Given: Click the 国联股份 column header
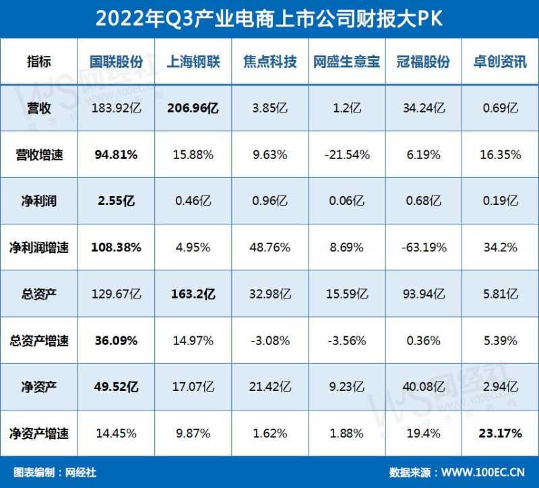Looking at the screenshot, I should click(x=117, y=62).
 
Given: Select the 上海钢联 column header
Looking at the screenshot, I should click(x=193, y=62).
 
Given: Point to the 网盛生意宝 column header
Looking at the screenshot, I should click(x=346, y=62).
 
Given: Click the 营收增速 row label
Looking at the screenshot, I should click(x=40, y=154).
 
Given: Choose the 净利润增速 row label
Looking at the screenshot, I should click(x=40, y=247).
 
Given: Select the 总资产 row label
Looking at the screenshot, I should click(x=40, y=294).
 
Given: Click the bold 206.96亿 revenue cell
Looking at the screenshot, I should click(x=193, y=108).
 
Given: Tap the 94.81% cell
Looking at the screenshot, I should click(x=117, y=154).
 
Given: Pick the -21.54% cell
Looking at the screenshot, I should click(x=346, y=154).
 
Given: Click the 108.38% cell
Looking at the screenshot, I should click(x=117, y=247).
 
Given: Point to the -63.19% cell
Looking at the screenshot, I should click(x=423, y=247).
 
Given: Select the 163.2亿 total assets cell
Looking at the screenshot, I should click(x=193, y=294).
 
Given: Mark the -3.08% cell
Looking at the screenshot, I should click(x=269, y=340).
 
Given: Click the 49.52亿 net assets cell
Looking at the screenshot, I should click(x=117, y=387).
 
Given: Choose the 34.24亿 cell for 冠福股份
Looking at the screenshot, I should click(x=423, y=108).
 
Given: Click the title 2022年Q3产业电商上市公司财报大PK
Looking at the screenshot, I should click(x=269, y=19).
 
